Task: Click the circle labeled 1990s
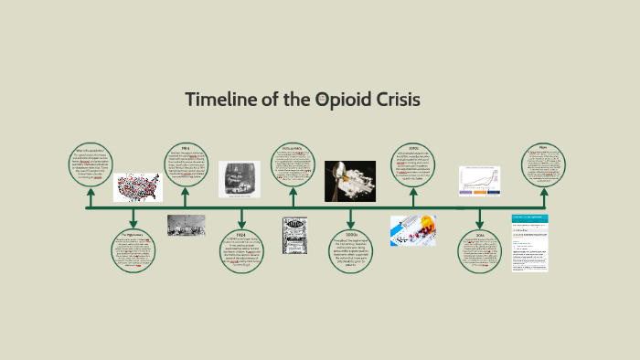pyautogui.click(x=351, y=250)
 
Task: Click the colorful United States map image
pyautogui.click(x=137, y=187)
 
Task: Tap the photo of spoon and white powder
pyautogui.click(x=350, y=180)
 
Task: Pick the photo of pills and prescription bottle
pyautogui.click(x=413, y=230)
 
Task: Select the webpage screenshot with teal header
pyautogui.click(x=530, y=242)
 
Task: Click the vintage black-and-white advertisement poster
pyautogui.click(x=295, y=235)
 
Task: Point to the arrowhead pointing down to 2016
pyautogui.click(x=480, y=224)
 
